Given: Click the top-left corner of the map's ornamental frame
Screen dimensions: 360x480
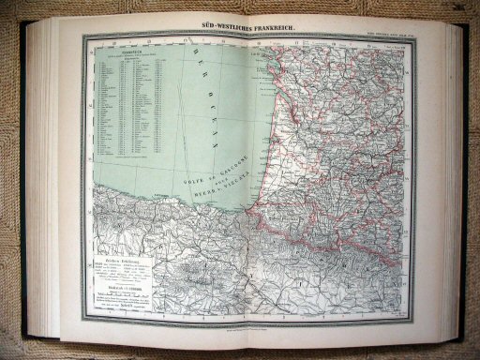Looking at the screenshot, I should pos(81,37).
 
